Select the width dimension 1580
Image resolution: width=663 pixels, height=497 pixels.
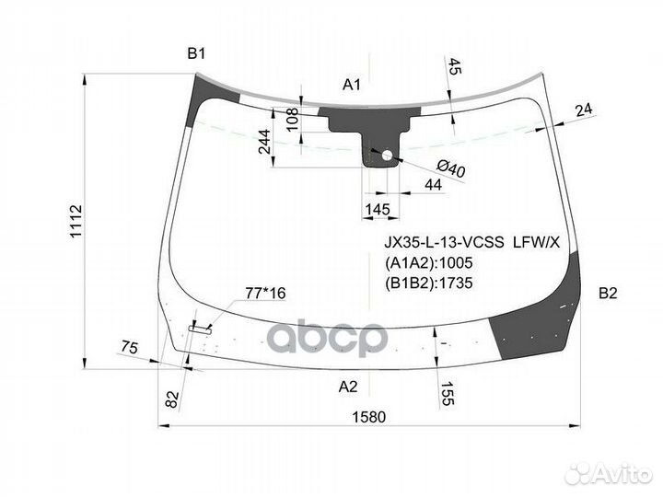(367, 416)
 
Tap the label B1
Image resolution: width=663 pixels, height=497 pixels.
(196, 54)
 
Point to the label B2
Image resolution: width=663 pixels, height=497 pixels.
(608, 294)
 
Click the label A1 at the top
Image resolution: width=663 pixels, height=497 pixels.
(351, 85)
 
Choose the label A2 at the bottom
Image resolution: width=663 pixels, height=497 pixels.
(347, 386)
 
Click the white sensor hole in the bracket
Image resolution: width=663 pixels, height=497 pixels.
(387, 156)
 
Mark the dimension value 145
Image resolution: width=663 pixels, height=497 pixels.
(377, 210)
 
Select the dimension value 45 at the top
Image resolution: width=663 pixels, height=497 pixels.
(456, 66)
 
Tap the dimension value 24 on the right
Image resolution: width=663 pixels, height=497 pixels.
(582, 110)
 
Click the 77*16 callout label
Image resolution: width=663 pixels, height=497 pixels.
(265, 294)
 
